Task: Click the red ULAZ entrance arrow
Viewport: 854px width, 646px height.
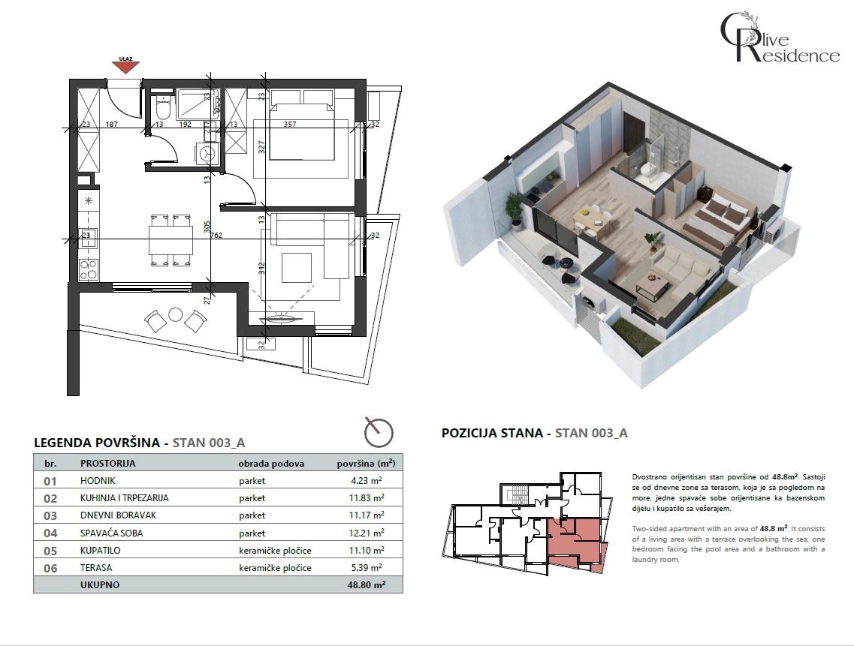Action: (x=125, y=65)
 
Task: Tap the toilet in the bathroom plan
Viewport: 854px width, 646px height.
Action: (x=161, y=110)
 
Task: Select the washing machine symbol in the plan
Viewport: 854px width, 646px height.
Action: (x=207, y=153)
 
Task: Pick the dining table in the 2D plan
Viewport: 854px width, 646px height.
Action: (x=170, y=240)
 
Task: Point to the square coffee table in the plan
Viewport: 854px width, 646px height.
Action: (x=296, y=268)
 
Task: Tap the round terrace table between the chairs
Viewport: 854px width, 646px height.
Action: (x=176, y=314)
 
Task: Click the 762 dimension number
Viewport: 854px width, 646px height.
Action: (x=217, y=235)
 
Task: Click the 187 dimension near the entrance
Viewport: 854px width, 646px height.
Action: (x=113, y=125)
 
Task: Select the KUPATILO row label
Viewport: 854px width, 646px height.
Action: (x=101, y=551)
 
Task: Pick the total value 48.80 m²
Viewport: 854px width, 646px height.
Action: (x=369, y=584)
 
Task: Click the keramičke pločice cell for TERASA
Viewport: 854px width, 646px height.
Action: (x=275, y=568)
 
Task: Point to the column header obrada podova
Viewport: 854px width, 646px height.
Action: (x=271, y=464)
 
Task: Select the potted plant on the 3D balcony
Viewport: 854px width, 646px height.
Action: (x=515, y=210)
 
